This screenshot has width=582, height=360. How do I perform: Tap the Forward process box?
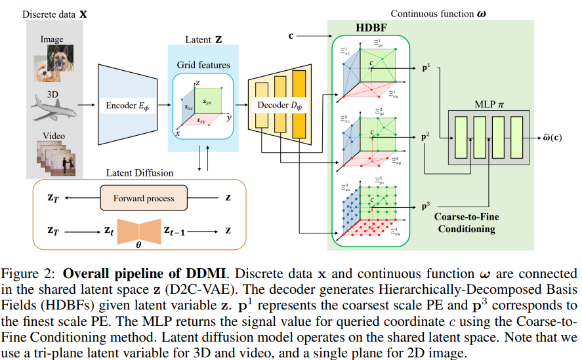pos(143,198)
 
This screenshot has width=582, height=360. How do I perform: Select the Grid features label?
pos(203,65)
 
